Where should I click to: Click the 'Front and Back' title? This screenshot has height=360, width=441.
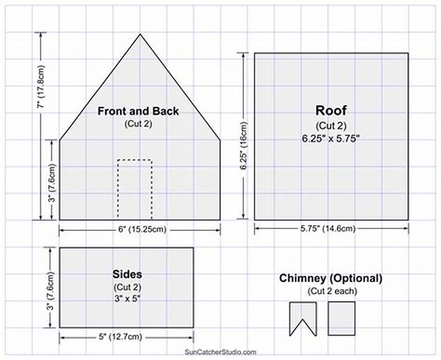[138, 111]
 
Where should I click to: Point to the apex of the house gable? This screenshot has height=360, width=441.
[139, 34]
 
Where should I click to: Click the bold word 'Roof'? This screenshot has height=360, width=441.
[331, 110]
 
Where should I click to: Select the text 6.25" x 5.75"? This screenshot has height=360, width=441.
[331, 138]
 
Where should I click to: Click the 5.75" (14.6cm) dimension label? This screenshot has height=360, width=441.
[331, 228]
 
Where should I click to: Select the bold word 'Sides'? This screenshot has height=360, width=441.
[127, 274]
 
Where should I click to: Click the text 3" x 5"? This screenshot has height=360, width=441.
[127, 298]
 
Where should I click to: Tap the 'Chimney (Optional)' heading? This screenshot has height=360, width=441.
[330, 278]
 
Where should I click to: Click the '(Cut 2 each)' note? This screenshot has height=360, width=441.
[331, 291]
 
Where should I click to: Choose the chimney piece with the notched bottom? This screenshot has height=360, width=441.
[303, 317]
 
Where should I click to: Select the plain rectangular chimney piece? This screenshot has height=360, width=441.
[341, 318]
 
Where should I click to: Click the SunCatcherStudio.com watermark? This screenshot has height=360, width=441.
[220, 352]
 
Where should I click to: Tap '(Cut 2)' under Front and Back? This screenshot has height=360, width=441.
[138, 123]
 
